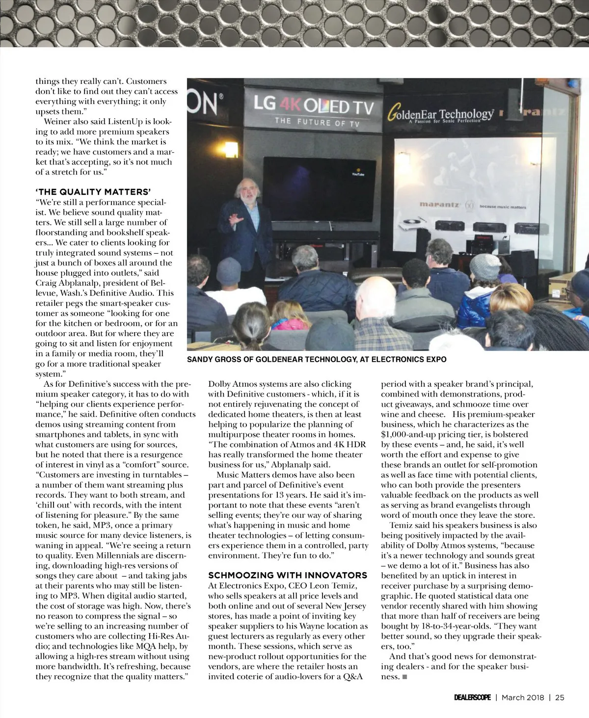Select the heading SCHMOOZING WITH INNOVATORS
(288, 575)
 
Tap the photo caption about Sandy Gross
(317, 359)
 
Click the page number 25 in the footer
(560, 698)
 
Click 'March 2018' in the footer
(523, 698)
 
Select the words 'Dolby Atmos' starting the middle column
(232, 384)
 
